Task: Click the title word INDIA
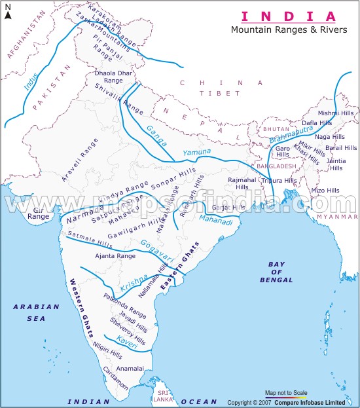coord(290,16)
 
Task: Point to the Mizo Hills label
coord(325,191)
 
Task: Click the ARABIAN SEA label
coord(35,312)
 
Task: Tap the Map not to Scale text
coord(285,393)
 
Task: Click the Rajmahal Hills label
coord(242,182)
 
